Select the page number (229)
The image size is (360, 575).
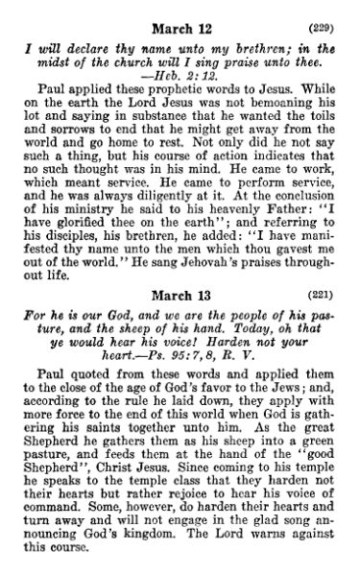329,12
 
